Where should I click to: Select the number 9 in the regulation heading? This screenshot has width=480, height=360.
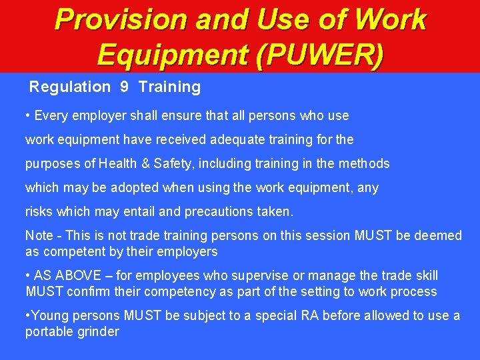coord(124,87)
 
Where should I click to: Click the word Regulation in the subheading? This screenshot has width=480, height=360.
coord(70,87)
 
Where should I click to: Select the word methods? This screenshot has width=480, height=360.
coord(365,164)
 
